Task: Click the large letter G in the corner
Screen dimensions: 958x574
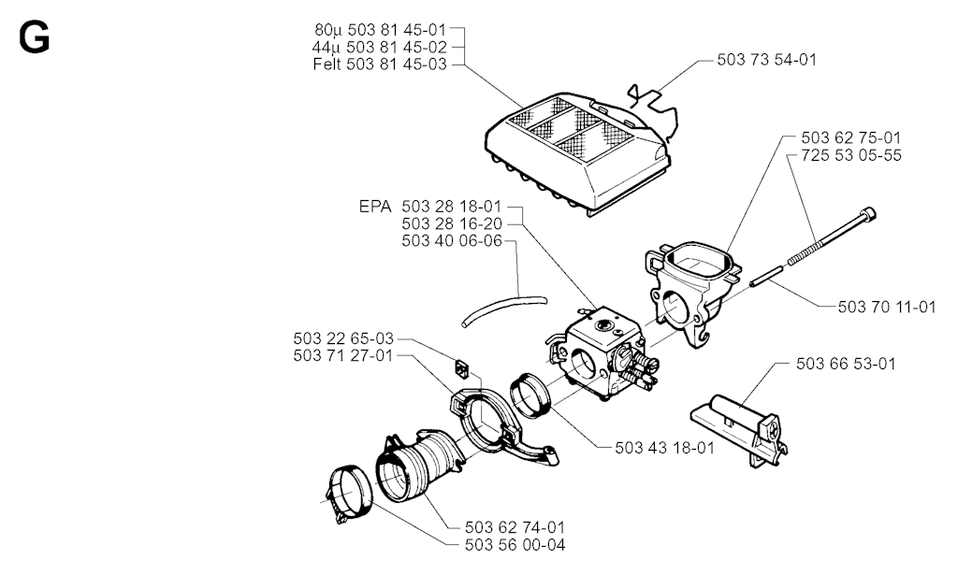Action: tap(35, 37)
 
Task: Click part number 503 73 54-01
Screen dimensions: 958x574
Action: tap(766, 60)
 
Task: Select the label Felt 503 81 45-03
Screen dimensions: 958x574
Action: tap(380, 65)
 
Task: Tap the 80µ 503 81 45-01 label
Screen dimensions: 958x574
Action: tap(381, 30)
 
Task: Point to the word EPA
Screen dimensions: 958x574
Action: tap(375, 207)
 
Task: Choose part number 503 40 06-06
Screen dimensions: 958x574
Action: tap(452, 240)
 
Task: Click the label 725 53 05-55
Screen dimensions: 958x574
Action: tap(851, 155)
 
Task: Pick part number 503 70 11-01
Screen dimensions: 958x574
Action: tap(887, 307)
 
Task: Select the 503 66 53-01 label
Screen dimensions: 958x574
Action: tap(846, 364)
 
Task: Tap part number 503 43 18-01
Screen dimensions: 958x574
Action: tap(665, 448)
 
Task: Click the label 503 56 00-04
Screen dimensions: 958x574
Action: tap(515, 544)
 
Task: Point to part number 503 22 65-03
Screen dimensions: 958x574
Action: tap(343, 338)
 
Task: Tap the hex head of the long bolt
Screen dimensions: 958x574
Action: tap(868, 215)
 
